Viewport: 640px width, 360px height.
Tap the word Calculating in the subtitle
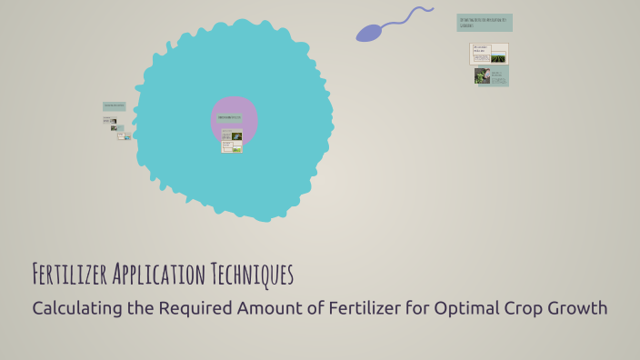tap(76, 308)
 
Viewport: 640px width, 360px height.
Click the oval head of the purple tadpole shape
tap(369, 34)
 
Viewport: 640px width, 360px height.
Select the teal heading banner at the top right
tap(484, 22)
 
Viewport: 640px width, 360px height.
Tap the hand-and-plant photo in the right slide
tap(482, 76)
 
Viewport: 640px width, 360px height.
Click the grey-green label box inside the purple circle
tap(230, 117)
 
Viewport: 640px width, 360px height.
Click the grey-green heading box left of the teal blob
tap(114, 106)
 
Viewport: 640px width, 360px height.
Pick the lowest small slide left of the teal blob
tap(124, 136)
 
